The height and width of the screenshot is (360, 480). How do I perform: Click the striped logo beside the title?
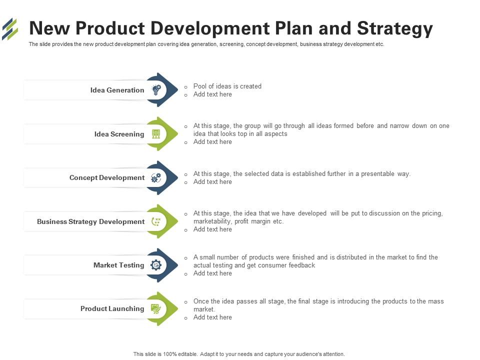[x=10, y=29]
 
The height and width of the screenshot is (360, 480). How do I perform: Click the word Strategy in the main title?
[x=395, y=29]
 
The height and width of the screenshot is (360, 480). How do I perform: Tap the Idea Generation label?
[x=117, y=90]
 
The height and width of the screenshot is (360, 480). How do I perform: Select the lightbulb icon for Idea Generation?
[x=156, y=90]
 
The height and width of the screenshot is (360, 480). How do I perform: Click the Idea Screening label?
[x=119, y=134]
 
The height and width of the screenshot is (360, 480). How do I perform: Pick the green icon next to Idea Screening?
[x=156, y=134]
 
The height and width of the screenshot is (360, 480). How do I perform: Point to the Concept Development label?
[x=107, y=177]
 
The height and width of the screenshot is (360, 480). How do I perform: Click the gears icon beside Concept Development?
[x=156, y=178]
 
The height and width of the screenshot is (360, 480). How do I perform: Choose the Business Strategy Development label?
[x=91, y=221]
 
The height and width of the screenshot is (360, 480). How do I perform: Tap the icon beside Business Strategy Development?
[x=156, y=221]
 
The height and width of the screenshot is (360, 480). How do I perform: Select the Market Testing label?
[x=119, y=265]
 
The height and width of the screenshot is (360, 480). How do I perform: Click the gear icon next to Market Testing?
[x=156, y=265]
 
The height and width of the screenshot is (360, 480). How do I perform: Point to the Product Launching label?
[x=112, y=308]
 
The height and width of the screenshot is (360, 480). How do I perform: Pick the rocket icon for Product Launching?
[x=156, y=308]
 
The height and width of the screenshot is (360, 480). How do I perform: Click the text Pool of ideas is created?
[x=227, y=86]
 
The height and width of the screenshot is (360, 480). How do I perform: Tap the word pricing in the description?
[x=432, y=213]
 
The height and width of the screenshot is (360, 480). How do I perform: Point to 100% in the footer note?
[x=170, y=354]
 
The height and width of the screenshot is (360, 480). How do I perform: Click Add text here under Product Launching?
[x=212, y=317]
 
